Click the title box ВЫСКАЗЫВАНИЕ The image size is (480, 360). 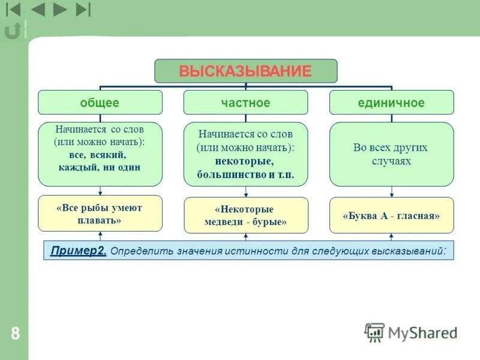coord(245,71)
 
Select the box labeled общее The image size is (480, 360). coord(100,103)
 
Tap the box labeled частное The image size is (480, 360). coord(245,103)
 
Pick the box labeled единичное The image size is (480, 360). coord(391,103)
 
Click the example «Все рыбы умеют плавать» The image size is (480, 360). coord(100,214)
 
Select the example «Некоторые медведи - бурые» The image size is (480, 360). coord(245,215)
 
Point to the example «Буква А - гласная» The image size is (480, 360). coord(391,215)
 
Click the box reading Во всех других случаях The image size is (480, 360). coord(391,154)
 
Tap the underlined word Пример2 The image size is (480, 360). coord(79,250)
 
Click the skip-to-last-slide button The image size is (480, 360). coord(83,10)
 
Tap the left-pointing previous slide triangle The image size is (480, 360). coord(37,10)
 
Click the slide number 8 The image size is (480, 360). coord(15,334)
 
